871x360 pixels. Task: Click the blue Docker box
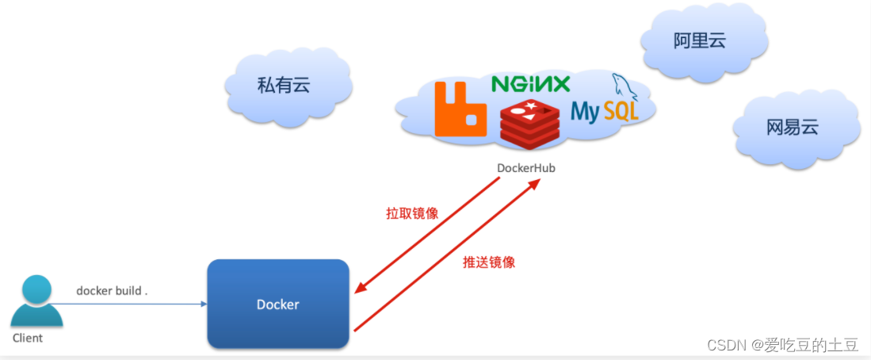(x=278, y=304)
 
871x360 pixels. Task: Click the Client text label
(x=28, y=338)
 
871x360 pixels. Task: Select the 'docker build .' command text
(x=112, y=291)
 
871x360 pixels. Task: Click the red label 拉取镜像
(x=412, y=214)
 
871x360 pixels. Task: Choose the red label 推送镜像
(x=489, y=262)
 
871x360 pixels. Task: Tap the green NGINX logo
(x=530, y=83)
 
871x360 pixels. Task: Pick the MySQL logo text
(x=604, y=112)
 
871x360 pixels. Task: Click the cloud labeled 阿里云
(x=700, y=42)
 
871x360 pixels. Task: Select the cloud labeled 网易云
(x=792, y=127)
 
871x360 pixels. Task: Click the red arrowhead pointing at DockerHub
(x=536, y=183)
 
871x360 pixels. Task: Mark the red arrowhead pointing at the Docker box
(x=359, y=288)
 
